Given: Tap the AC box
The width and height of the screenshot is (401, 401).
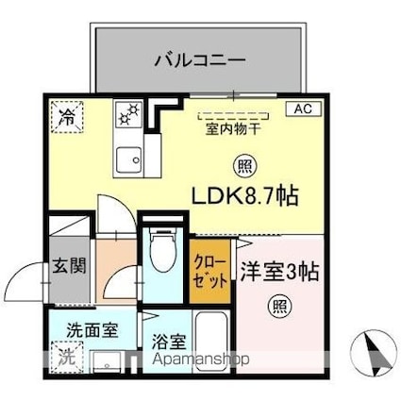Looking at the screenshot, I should (x=303, y=109).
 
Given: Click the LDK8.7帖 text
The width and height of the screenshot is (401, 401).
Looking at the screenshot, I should (x=245, y=197).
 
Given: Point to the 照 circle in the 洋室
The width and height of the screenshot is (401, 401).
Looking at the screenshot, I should (x=280, y=305).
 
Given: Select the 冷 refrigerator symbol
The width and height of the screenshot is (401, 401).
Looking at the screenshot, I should (x=67, y=119).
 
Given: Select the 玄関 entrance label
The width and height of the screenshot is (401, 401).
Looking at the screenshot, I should (x=67, y=265).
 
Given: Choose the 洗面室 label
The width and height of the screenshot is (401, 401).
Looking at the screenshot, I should (x=92, y=331).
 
